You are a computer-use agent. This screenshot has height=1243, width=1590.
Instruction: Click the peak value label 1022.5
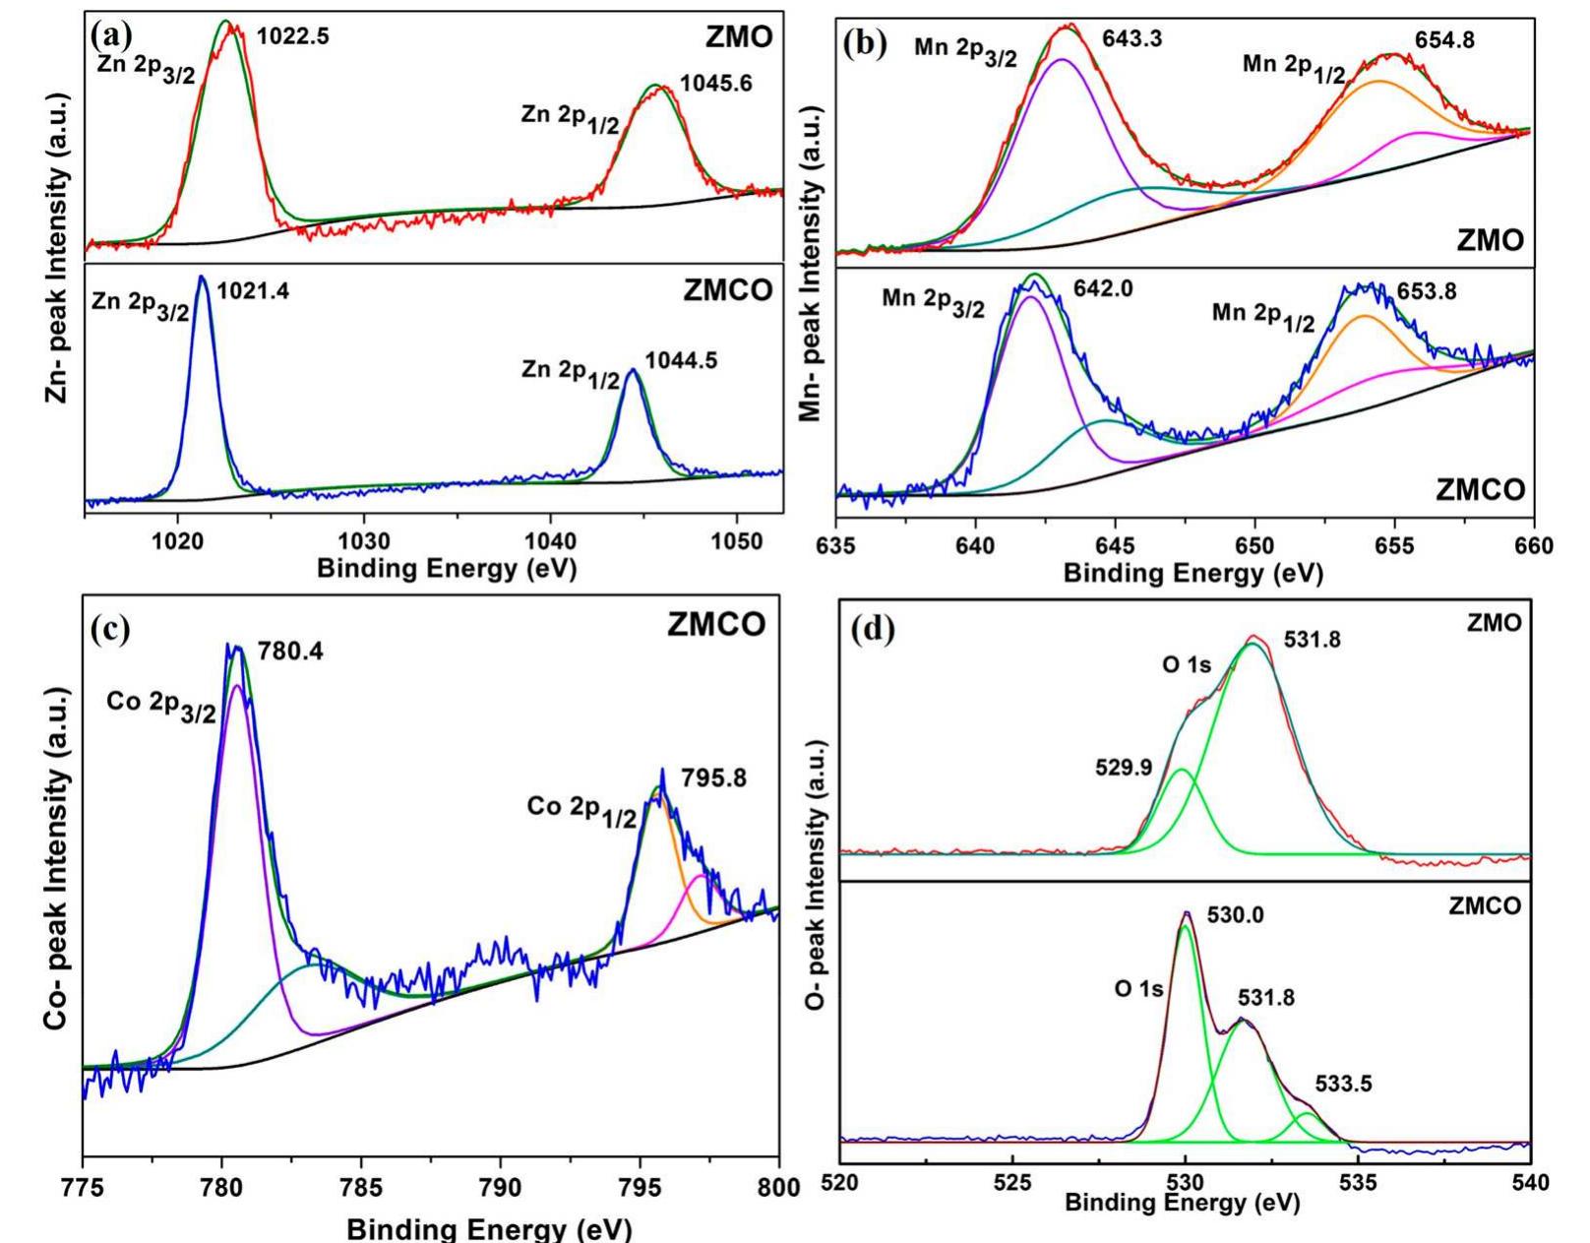[x=293, y=36]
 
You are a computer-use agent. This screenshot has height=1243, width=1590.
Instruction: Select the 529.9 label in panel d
[x=1124, y=768]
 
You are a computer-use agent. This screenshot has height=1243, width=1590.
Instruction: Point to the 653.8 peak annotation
[x=1428, y=291]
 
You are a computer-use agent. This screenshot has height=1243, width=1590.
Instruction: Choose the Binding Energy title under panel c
[x=488, y=1229]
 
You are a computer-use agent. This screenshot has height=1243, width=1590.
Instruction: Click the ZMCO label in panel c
[x=716, y=626]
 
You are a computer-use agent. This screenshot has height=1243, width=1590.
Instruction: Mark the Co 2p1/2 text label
[x=581, y=811]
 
